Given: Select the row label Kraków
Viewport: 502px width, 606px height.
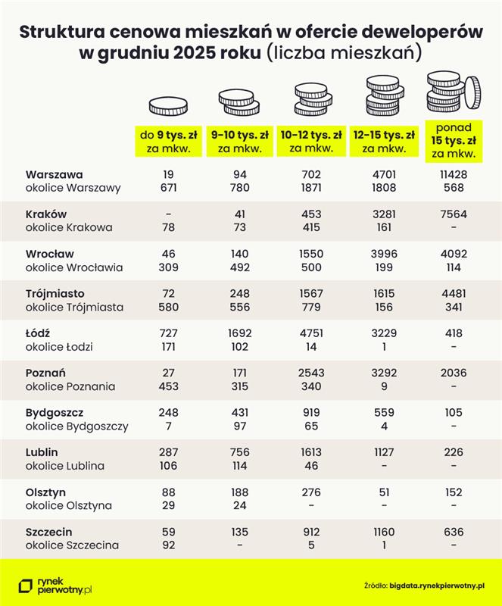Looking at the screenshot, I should (46, 214).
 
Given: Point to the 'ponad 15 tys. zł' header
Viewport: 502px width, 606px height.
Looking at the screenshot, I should (454, 140).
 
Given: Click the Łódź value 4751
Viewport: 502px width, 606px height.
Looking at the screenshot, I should (313, 333).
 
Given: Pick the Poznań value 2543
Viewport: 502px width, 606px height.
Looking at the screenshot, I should (313, 373).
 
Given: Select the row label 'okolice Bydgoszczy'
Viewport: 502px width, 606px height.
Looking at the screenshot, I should (76, 426).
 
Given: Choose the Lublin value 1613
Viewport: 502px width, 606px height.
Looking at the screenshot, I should (313, 452).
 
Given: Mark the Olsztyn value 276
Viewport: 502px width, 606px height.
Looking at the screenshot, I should (313, 492).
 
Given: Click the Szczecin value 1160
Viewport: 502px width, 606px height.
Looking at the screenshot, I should (384, 532).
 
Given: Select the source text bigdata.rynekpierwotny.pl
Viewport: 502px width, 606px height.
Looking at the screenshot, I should (436, 585).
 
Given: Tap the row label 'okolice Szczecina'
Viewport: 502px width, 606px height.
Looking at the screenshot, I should (72, 545).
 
